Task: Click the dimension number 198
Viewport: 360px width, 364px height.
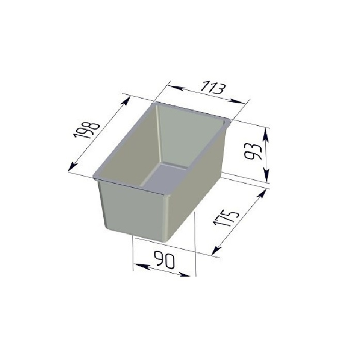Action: click(x=87, y=130)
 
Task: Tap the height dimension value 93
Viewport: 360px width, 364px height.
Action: click(x=253, y=152)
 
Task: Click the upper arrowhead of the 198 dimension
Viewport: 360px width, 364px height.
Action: click(x=126, y=102)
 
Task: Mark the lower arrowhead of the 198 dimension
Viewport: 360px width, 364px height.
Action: click(x=73, y=166)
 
